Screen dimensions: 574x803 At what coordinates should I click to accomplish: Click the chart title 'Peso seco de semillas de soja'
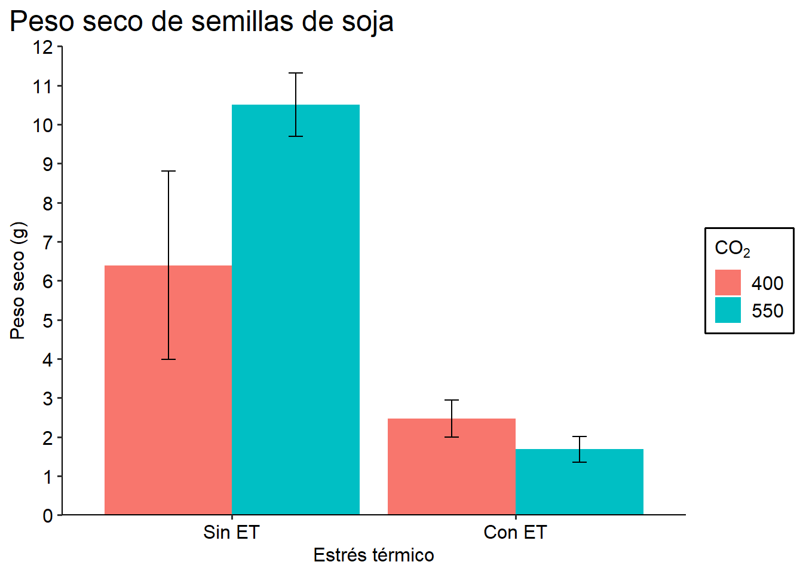201,22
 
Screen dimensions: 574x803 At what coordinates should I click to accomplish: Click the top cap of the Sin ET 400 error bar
168,172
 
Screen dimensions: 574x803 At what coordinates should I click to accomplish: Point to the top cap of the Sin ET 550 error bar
296,74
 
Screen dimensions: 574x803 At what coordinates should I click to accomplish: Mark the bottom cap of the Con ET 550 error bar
579,462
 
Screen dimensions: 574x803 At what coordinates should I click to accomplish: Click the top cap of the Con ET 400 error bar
452,400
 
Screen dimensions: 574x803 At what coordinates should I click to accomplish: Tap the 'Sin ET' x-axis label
231,532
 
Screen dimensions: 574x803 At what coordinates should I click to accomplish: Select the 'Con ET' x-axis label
515,532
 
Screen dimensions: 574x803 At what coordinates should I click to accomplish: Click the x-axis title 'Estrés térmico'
373,555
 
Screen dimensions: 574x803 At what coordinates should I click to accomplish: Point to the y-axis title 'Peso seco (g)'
18,280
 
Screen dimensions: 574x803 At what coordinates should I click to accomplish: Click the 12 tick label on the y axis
43,47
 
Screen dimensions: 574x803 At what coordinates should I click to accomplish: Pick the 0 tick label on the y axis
48,515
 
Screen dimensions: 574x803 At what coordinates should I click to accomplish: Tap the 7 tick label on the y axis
48,242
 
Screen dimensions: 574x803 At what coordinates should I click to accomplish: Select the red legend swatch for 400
728,282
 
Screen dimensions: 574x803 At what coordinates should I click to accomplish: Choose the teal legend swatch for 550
728,310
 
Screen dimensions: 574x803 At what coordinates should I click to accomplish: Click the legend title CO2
732,248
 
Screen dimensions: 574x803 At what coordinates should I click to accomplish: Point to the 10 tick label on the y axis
43,126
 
